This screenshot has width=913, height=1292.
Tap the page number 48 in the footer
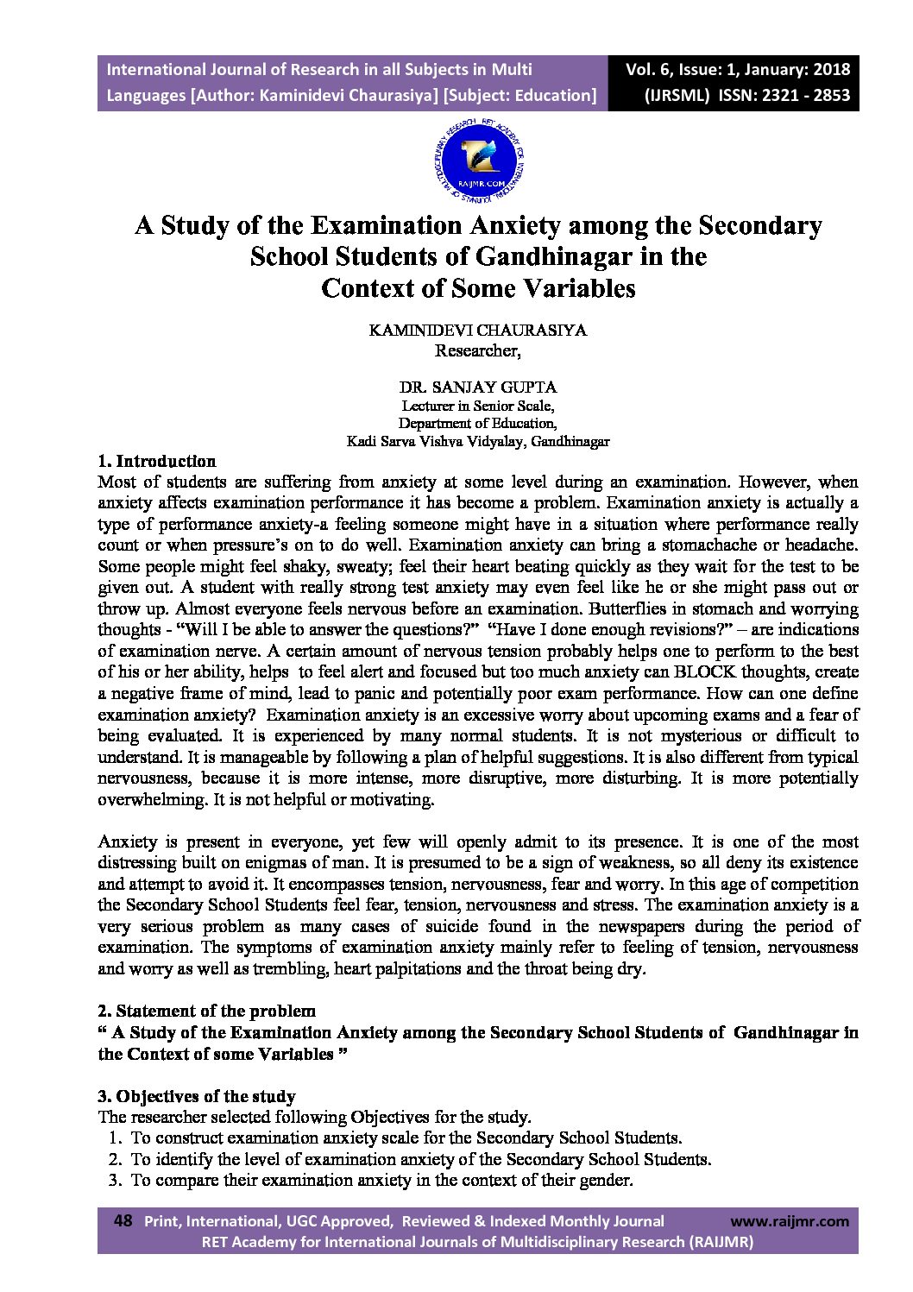pyautogui.click(x=123, y=1221)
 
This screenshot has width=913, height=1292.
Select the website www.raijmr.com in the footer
pyautogui.click(x=790, y=1221)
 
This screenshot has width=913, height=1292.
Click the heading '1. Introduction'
pyautogui.click(x=157, y=461)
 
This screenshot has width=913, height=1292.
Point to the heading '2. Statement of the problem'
pyautogui.click(x=207, y=1011)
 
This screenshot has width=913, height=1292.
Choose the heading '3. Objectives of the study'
pyautogui.click(x=197, y=1096)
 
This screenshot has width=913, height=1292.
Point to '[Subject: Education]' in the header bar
pyautogui.click(x=519, y=95)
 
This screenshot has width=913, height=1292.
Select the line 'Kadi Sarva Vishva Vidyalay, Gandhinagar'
pyautogui.click(x=477, y=441)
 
